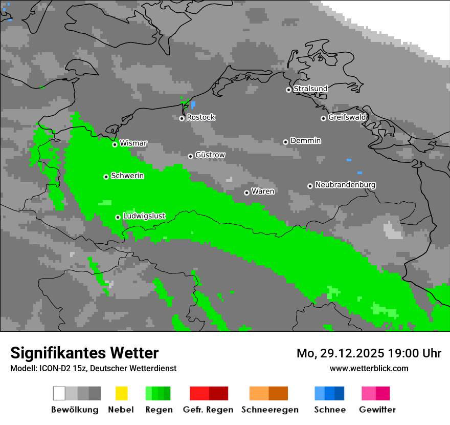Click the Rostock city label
200,117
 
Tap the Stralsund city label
310,89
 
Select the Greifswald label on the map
347,117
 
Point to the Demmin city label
305,141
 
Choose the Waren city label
263,192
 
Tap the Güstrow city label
210,155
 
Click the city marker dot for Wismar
115,144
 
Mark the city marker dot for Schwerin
106,177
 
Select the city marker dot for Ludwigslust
118,217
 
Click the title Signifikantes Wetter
84,353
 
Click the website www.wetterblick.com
369,368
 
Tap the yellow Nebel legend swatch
122,393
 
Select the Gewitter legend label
377,410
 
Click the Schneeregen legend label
270,410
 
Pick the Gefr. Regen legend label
208,410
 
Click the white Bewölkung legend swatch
59,393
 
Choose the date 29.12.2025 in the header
344,353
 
